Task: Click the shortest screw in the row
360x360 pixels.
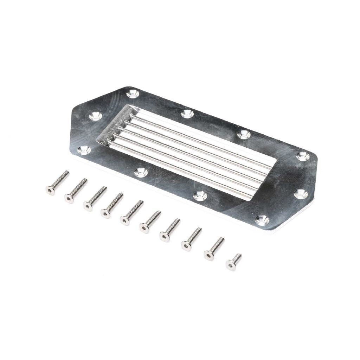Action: [x=234, y=262]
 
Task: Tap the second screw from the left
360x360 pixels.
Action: [x=75, y=191]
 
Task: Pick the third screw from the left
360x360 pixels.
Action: [x=95, y=199]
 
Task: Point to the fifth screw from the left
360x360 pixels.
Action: [x=131, y=213]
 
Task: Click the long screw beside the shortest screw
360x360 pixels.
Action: [x=214, y=249]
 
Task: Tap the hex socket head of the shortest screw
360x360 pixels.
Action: [x=231, y=266]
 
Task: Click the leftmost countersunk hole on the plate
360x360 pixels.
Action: [x=84, y=150]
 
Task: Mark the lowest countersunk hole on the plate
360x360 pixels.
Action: [x=262, y=220]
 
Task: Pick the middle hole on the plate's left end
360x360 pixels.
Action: [x=95, y=115]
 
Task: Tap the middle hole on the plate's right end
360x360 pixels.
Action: [x=301, y=194]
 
